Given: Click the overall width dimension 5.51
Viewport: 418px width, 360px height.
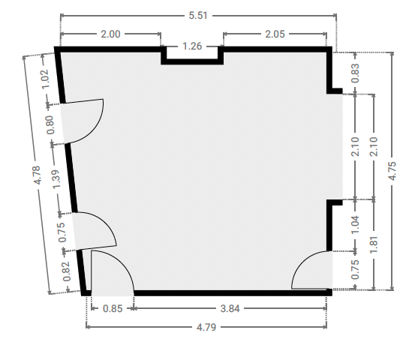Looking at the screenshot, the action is pyautogui.click(x=198, y=16).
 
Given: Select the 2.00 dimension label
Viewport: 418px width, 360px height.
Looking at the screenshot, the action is pyautogui.click(x=110, y=34).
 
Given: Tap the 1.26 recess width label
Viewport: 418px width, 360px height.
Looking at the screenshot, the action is pyautogui.click(x=192, y=46).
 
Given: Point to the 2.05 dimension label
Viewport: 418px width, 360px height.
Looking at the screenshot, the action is pyautogui.click(x=275, y=34).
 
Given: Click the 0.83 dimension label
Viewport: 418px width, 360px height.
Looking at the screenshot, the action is pyautogui.click(x=355, y=73).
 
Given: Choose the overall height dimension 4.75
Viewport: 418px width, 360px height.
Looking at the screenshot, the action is pyautogui.click(x=392, y=171).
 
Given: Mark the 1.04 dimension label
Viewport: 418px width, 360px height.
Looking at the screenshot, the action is pyautogui.click(x=355, y=225).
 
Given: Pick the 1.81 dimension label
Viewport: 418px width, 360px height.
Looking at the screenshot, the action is pyautogui.click(x=374, y=244).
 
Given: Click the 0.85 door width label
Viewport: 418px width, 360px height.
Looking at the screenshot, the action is pyautogui.click(x=113, y=308).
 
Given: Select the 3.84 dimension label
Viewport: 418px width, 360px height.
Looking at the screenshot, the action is pyautogui.click(x=230, y=308).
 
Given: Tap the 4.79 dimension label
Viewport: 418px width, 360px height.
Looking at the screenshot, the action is pyautogui.click(x=206, y=327).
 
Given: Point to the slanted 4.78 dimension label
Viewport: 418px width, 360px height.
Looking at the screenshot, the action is pyautogui.click(x=36, y=175).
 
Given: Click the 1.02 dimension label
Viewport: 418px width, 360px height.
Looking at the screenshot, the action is pyautogui.click(x=45, y=79).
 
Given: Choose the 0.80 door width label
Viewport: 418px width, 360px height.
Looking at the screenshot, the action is pyautogui.click(x=50, y=125).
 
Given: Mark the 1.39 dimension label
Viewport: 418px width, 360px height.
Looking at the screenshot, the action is pyautogui.click(x=56, y=179).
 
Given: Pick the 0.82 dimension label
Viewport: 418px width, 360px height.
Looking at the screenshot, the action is pyautogui.click(x=66, y=271).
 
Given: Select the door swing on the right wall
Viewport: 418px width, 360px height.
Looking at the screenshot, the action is pyautogui.click(x=300, y=264).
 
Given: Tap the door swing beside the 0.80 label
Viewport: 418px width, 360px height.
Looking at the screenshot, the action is pyautogui.click(x=96, y=125).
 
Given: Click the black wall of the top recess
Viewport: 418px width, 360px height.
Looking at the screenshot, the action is pyautogui.click(x=192, y=61).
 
